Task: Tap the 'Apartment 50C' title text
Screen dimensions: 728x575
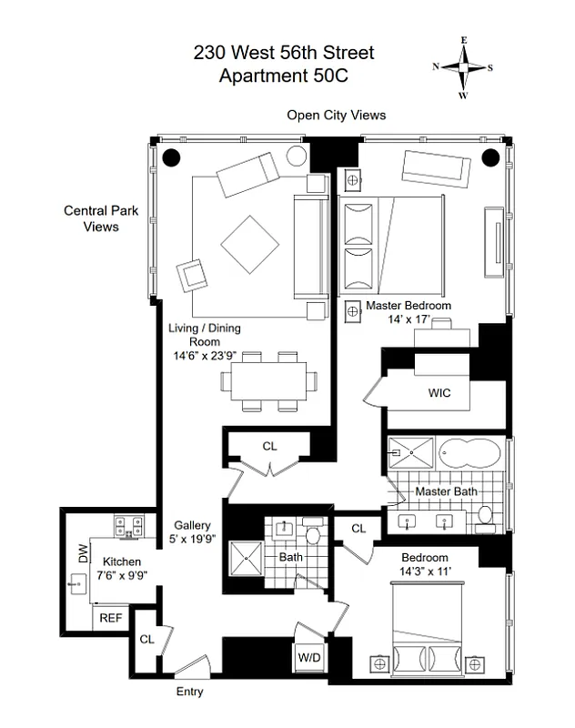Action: (x=283, y=76)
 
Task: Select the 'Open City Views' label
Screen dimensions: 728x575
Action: (x=336, y=115)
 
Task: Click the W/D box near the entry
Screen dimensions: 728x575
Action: (x=308, y=655)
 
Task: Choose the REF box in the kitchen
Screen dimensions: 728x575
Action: (x=110, y=618)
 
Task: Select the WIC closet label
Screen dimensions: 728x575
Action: (x=439, y=393)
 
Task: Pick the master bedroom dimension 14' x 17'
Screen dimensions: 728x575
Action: (x=409, y=320)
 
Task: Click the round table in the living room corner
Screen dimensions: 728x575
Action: (x=297, y=156)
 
